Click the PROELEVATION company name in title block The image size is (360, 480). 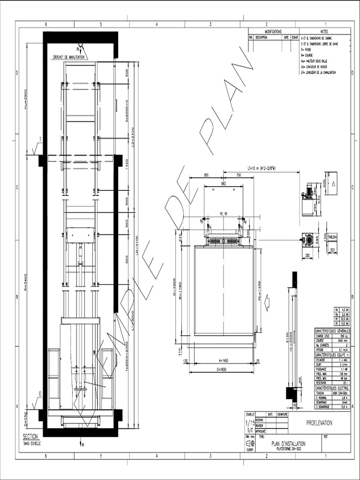pyautogui.click(x=319, y=423)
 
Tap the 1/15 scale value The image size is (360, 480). pyautogui.click(x=249, y=424)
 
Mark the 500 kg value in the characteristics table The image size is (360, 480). pyautogui.click(x=344, y=336)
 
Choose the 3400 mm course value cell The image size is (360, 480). pyautogui.click(x=344, y=340)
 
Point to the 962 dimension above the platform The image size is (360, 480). pyautogui.click(x=223, y=184)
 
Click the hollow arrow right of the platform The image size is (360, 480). pyautogui.click(x=267, y=302)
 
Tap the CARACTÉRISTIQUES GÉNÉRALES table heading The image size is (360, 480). pyautogui.click(x=332, y=331)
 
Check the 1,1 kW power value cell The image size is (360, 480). pyautogui.click(x=344, y=369)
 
